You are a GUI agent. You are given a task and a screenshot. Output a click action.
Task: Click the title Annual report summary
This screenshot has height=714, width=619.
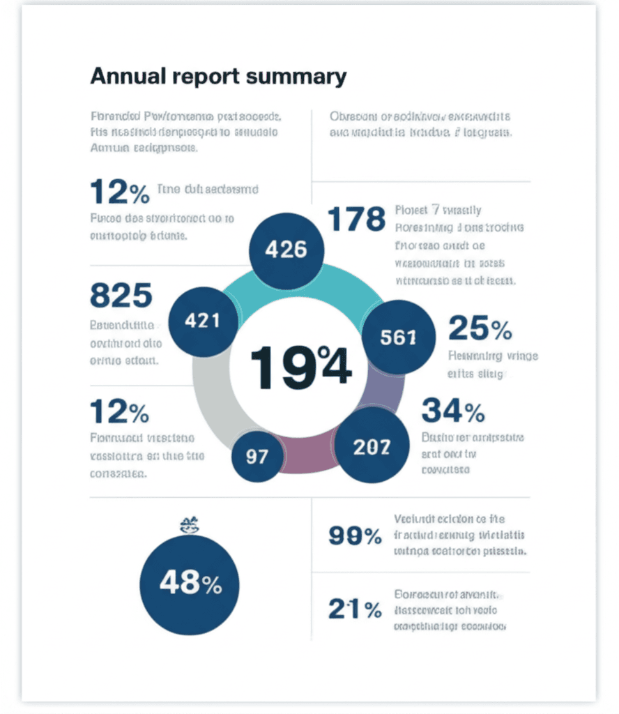[x=217, y=76]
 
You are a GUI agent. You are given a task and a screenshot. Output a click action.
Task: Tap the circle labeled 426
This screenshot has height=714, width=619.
[x=286, y=249]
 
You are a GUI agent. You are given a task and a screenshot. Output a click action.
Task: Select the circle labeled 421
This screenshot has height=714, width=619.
[x=202, y=321]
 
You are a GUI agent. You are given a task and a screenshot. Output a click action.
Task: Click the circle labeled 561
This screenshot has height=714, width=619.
[x=399, y=337]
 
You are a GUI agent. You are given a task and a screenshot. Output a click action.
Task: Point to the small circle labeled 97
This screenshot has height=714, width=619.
[x=257, y=457]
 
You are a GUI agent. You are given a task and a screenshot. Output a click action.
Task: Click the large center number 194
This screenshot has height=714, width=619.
[x=300, y=367]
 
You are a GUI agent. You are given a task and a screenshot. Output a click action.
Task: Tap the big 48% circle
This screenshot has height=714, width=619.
[x=190, y=584]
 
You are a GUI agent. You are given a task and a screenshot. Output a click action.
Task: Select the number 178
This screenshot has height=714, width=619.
[x=356, y=219]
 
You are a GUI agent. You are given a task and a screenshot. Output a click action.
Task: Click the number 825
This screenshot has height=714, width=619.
[x=121, y=296]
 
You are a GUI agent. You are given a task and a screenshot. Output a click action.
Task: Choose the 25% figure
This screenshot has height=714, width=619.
[x=480, y=328]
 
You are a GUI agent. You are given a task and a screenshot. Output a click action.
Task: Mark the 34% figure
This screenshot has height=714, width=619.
[x=453, y=411]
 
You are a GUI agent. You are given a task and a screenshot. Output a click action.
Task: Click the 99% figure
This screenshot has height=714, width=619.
[x=355, y=536]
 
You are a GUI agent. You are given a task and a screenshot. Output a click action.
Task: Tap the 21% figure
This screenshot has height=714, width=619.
[x=355, y=609]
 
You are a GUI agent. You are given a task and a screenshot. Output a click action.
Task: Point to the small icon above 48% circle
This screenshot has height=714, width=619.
[x=189, y=524]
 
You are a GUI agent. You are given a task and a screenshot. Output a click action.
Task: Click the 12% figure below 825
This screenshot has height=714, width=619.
[x=119, y=412]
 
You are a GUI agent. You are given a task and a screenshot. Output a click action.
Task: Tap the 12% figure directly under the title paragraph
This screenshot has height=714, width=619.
[x=119, y=192]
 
